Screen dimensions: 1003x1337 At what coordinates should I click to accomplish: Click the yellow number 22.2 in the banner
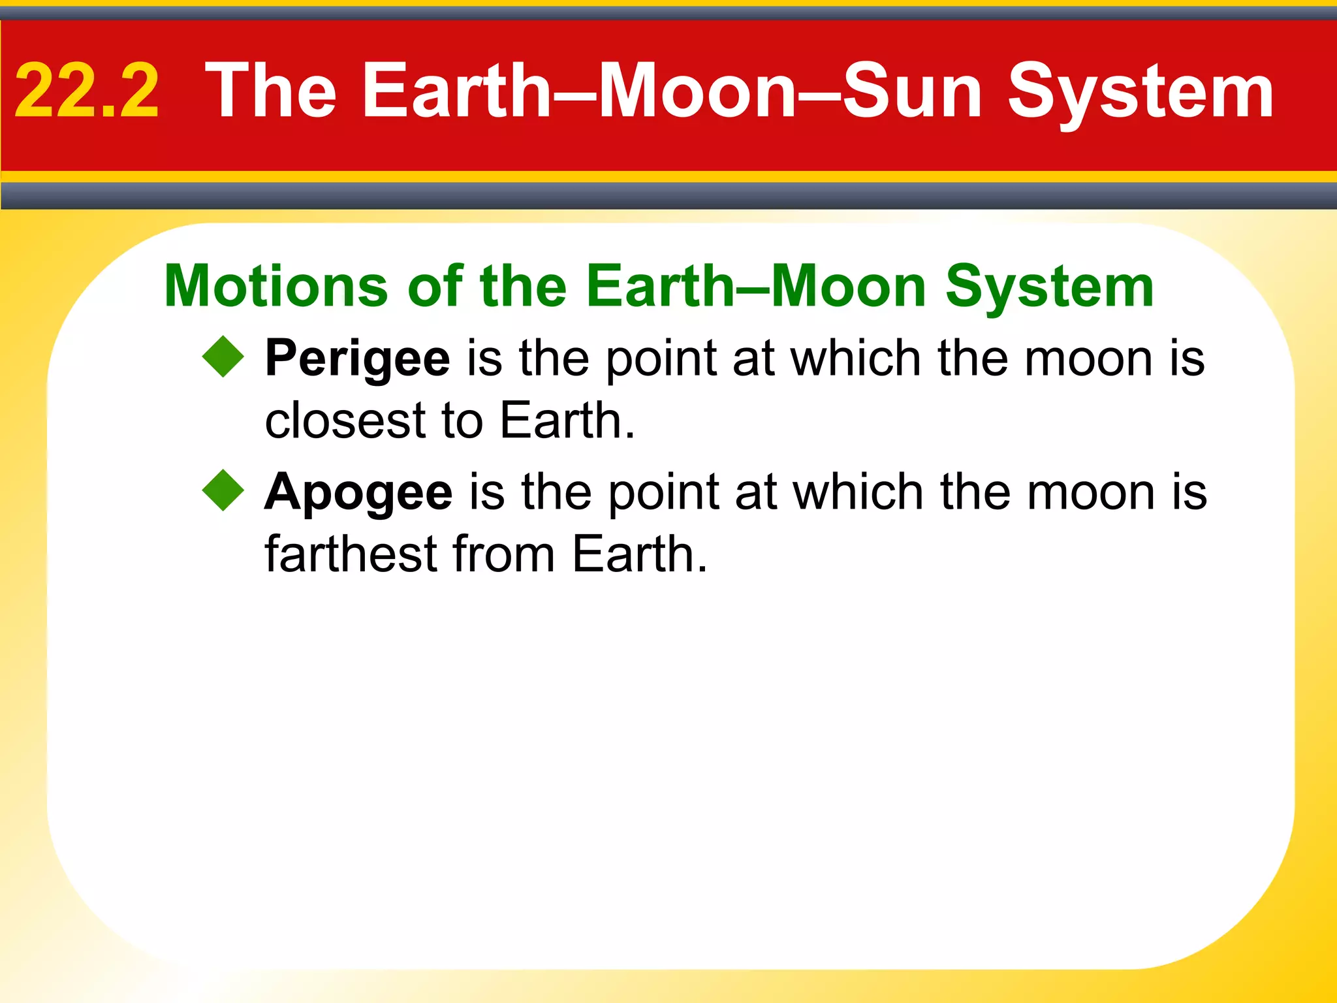(x=87, y=91)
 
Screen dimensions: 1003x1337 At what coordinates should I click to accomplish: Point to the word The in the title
(x=270, y=91)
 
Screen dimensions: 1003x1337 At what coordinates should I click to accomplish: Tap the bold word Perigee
(x=357, y=359)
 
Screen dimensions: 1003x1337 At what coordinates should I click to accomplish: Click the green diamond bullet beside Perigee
(x=223, y=357)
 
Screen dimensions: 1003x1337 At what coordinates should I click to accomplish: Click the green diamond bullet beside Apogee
(x=223, y=490)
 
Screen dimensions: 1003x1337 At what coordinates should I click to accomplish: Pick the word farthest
(x=351, y=554)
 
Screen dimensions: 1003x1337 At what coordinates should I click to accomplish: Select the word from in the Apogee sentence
(x=503, y=554)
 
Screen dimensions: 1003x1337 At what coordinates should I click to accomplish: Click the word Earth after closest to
(x=567, y=421)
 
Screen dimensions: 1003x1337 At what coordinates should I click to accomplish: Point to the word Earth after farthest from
(x=639, y=554)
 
